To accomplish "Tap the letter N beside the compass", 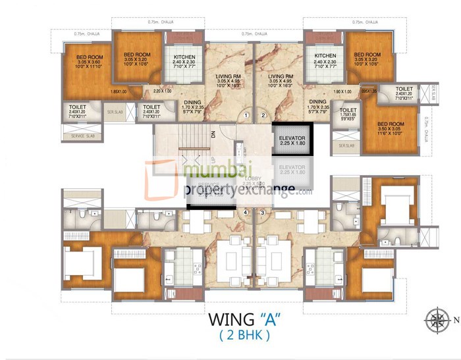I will (455, 321).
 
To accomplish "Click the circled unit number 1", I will (246, 116).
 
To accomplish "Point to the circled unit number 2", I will (263, 116).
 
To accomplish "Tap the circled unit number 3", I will (263, 213).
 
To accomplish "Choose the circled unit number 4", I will (246, 213).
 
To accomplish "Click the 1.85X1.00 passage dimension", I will (119, 91).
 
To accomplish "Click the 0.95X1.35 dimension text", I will (369, 91).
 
